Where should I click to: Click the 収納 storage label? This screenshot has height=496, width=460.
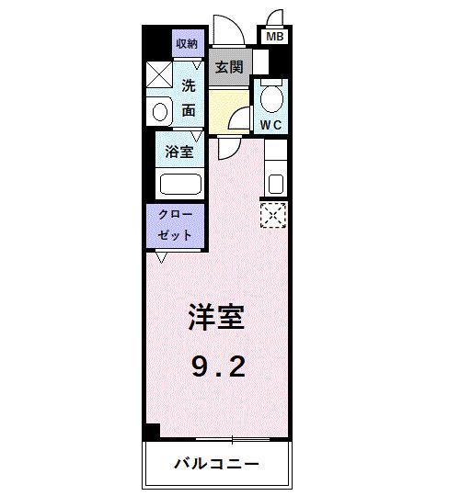(187, 44)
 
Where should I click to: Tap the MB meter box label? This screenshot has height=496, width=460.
(274, 37)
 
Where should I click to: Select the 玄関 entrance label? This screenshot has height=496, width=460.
(230, 66)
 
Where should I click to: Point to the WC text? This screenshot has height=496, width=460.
(271, 124)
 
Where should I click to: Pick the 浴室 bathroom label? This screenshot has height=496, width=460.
(179, 152)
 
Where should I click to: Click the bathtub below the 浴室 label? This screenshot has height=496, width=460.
(180, 184)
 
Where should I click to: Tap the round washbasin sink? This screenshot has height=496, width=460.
(159, 112)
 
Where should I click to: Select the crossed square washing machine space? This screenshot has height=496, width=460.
(159, 74)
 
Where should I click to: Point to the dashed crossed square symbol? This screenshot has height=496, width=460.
(273, 216)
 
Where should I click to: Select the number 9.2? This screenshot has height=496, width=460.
(218, 368)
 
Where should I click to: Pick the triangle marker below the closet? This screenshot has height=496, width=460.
(162, 257)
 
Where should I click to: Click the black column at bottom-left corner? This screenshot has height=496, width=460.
(151, 430)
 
